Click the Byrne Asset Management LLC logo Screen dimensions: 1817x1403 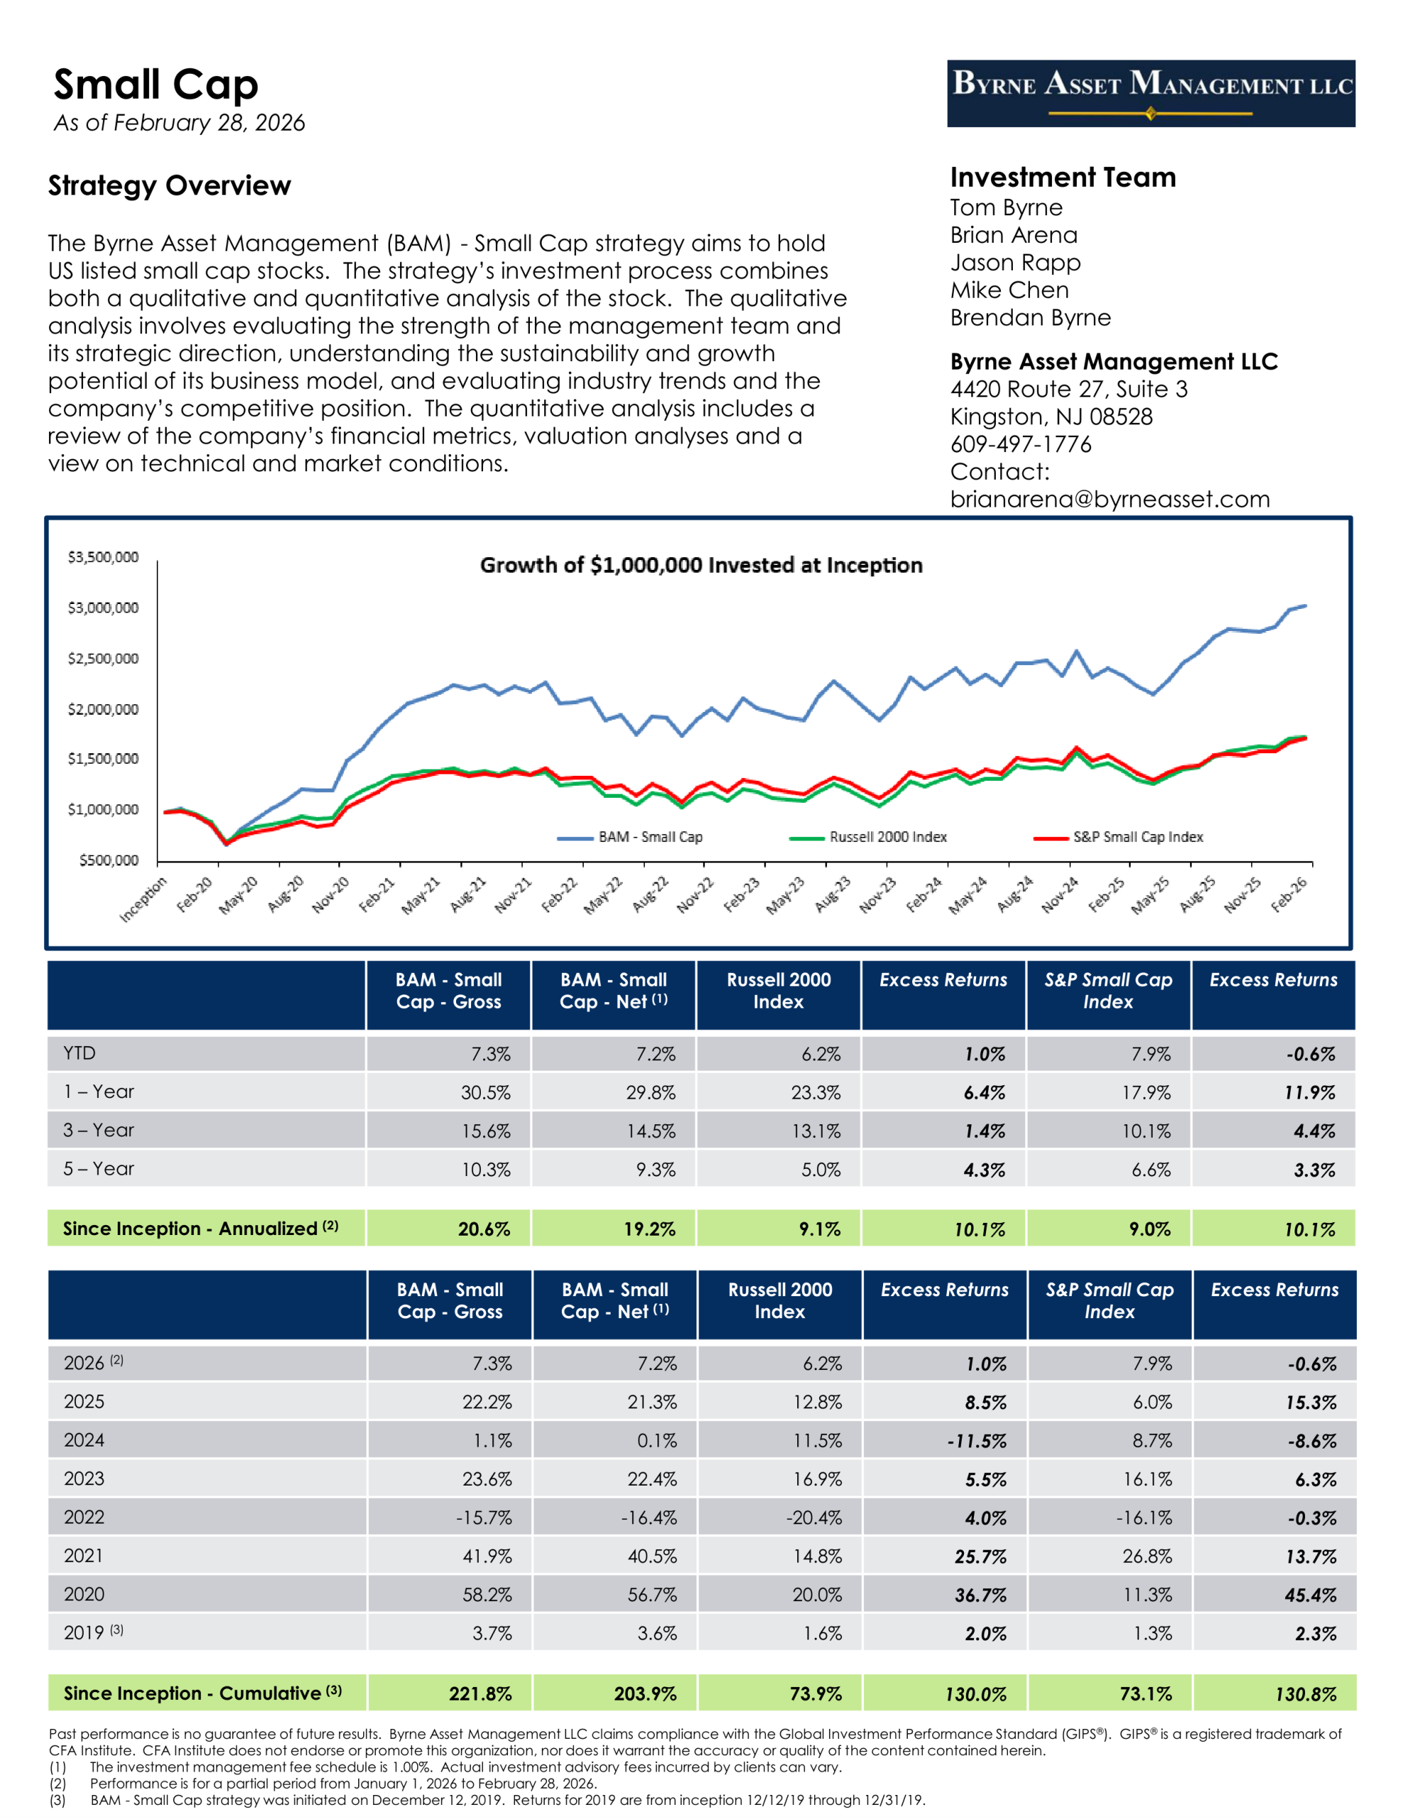pos(1150,93)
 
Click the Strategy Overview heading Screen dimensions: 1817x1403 pos(170,185)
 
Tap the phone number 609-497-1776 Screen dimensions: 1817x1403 pos(1021,444)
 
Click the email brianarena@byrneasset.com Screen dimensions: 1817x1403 pos(1109,499)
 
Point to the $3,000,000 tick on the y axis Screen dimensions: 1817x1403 pos(103,608)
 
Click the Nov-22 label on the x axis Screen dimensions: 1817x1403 pos(695,894)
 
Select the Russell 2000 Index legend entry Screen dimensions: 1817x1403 pos(887,837)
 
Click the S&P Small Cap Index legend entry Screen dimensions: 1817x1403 pos(1137,837)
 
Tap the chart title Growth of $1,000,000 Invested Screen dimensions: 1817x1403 pos(701,565)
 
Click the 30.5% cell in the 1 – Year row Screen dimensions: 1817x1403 pos(486,1092)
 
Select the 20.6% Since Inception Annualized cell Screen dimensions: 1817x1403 pos(483,1229)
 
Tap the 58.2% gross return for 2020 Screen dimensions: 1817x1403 pos(487,1595)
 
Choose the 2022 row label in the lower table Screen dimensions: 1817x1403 pos(84,1517)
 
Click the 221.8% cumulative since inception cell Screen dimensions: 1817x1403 pos(480,1694)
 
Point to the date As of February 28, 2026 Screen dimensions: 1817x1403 pos(179,123)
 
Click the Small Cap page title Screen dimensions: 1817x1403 pos(156,85)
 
